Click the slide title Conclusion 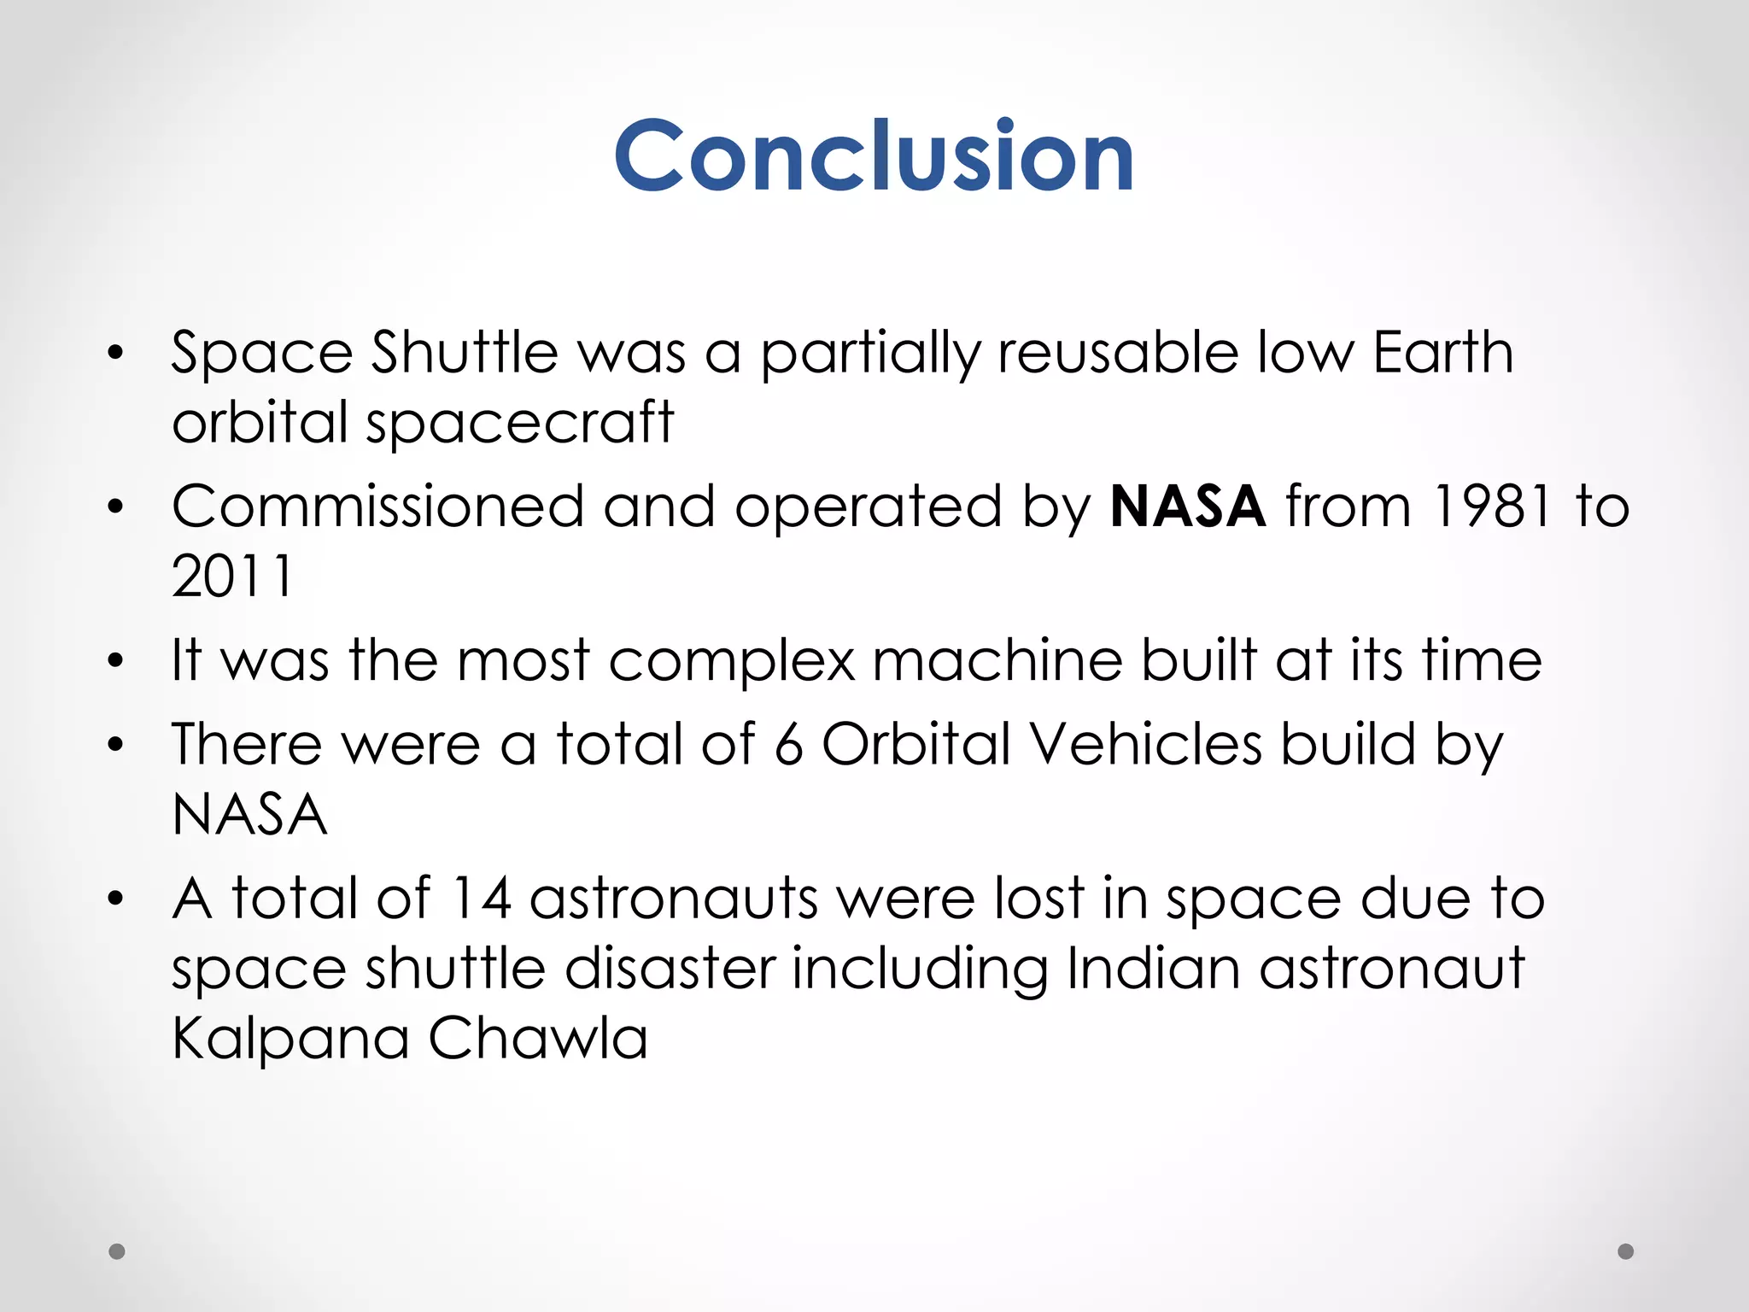point(874,155)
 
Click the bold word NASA point(1187,507)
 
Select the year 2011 point(232,576)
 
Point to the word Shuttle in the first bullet point(465,352)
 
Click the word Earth point(1443,352)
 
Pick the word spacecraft point(520,423)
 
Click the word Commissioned point(378,507)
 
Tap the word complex point(732,661)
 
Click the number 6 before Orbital point(788,744)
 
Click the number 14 point(481,899)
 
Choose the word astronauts point(673,899)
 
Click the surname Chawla point(538,1038)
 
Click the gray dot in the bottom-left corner point(117,1251)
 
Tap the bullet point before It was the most point(116,660)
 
